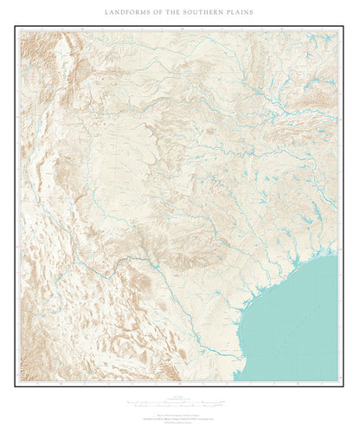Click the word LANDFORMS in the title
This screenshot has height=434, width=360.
127,13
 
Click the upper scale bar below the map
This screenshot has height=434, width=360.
179,402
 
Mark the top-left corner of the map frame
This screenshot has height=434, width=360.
15,25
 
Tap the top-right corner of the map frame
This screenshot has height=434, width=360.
344,25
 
